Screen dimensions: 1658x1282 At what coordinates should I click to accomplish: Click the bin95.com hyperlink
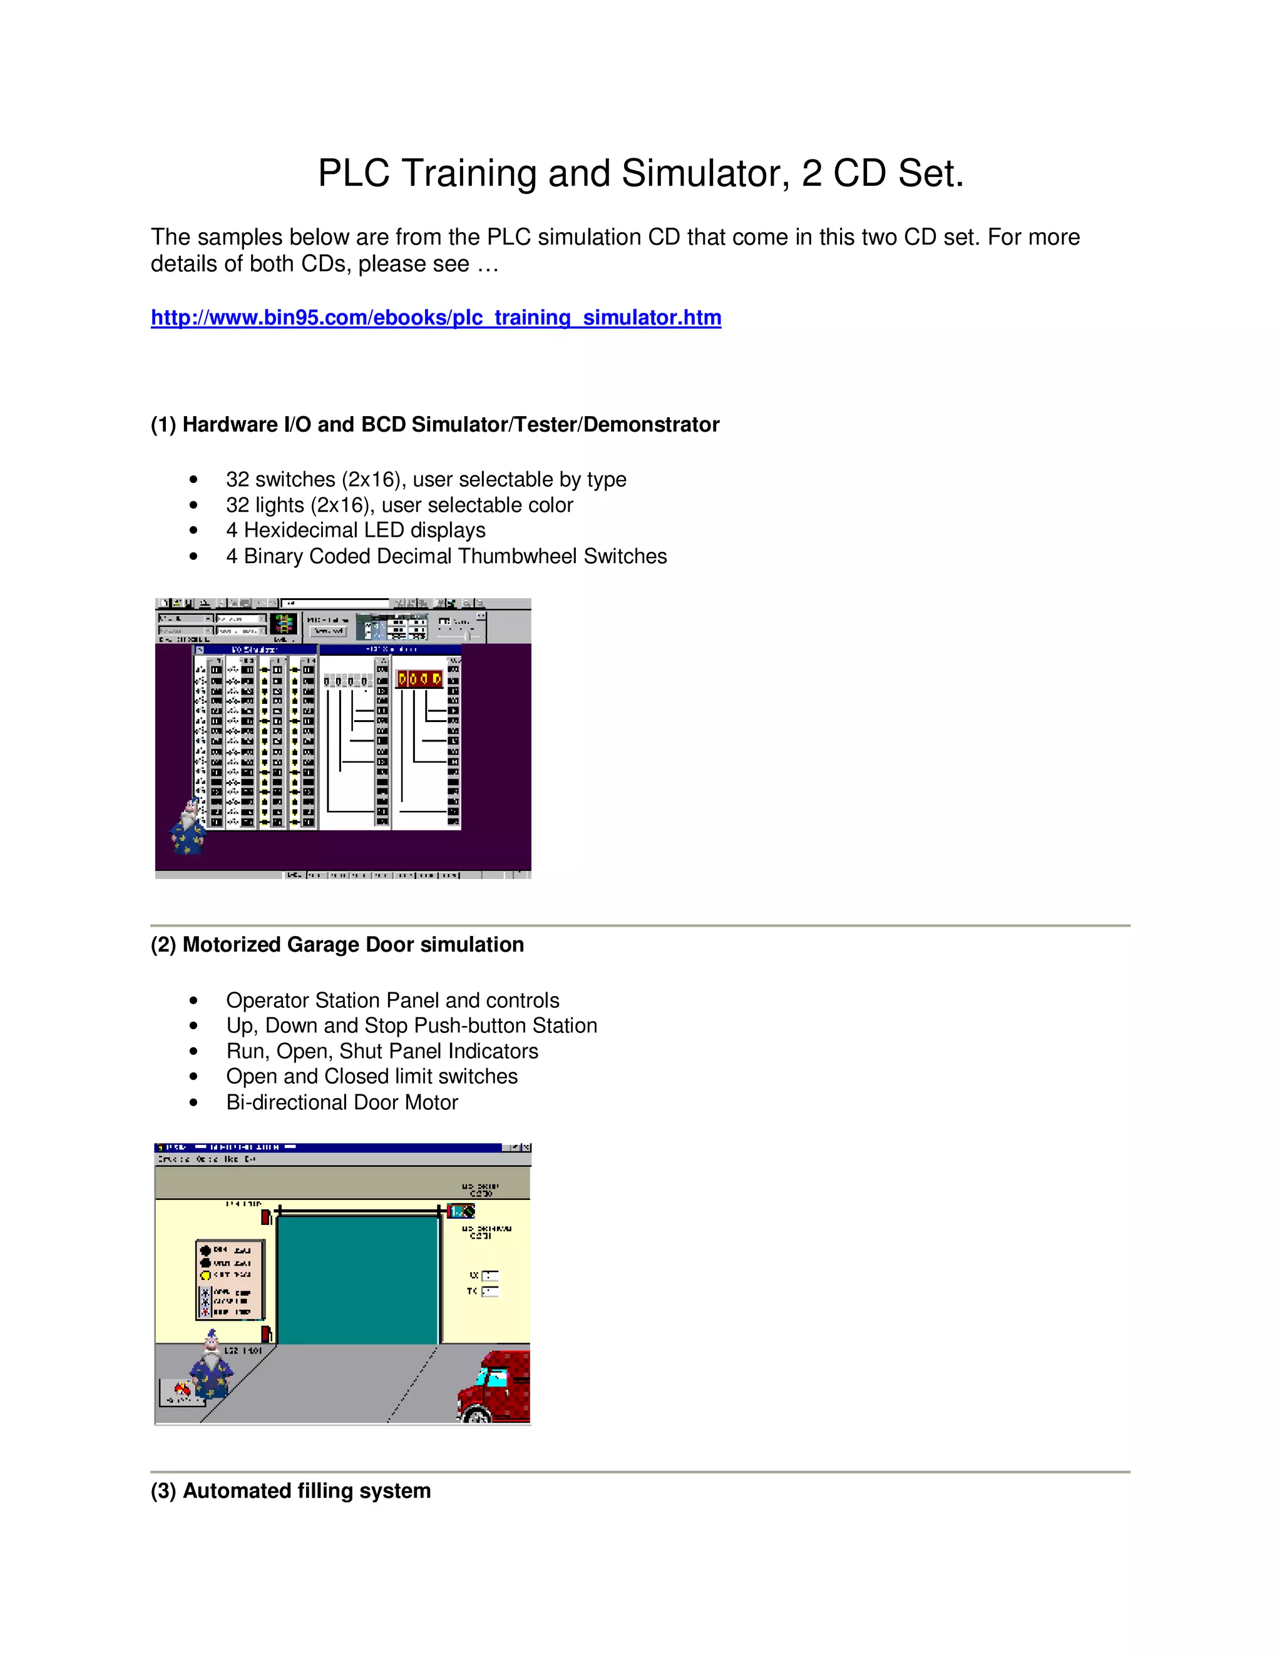(435, 317)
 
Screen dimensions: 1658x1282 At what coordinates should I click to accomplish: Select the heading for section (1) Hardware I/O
(434, 424)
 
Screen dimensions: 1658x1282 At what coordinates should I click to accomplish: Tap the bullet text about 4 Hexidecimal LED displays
(356, 530)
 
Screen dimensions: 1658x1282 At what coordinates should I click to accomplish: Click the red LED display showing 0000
(420, 679)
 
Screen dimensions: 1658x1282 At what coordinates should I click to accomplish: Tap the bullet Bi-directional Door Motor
(342, 1102)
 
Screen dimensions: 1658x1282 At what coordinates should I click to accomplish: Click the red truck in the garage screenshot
(495, 1386)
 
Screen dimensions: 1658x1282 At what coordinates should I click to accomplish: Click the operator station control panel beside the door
(229, 1280)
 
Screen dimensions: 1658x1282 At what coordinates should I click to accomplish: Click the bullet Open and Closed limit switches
(371, 1077)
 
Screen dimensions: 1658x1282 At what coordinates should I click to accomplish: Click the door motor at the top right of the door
(461, 1211)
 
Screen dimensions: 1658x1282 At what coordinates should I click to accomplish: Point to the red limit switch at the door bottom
(267, 1335)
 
